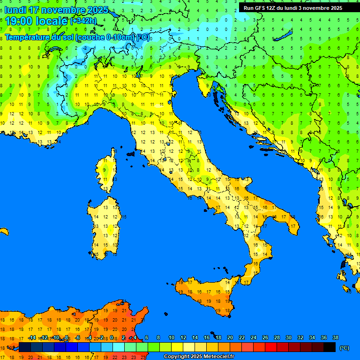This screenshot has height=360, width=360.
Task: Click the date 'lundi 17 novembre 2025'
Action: pos(56,10)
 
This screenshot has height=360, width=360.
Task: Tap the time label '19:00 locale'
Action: pos(37,21)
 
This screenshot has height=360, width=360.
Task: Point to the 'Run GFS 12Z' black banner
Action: pos(292,8)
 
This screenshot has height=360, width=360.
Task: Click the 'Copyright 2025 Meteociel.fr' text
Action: pos(199,356)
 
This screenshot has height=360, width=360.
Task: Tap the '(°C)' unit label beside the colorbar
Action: pos(344,348)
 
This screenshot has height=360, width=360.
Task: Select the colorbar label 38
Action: pos(335,337)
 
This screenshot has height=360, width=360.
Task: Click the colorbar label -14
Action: pos(32,337)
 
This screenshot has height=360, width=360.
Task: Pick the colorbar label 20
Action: pos(230,337)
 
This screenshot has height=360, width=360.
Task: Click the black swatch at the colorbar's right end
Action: pos(330,347)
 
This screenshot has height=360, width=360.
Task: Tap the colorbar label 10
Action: pos(171,337)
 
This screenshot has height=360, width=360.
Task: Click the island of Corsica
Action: pos(108,171)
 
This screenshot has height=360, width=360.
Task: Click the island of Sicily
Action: pos(206,295)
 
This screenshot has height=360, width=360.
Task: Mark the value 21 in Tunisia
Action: pos(124,310)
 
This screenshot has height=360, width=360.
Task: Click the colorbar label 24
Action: pos(253,337)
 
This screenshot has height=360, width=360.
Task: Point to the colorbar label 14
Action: pos(195,337)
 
